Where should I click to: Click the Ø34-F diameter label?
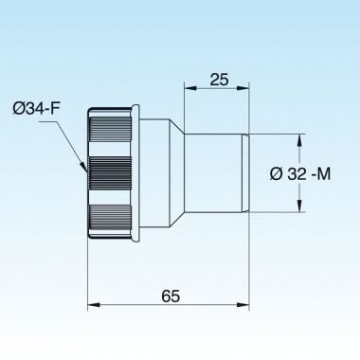(36, 109)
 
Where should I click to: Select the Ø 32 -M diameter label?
(300, 173)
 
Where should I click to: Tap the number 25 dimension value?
(219, 80)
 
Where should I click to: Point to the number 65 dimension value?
(171, 297)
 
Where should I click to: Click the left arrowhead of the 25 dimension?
(190, 89)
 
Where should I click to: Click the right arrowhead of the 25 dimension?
(243, 89)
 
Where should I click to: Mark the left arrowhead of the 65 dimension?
(94, 305)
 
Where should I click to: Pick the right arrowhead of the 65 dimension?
(243, 305)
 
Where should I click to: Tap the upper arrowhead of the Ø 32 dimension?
(298, 140)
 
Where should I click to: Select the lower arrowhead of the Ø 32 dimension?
(298, 206)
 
